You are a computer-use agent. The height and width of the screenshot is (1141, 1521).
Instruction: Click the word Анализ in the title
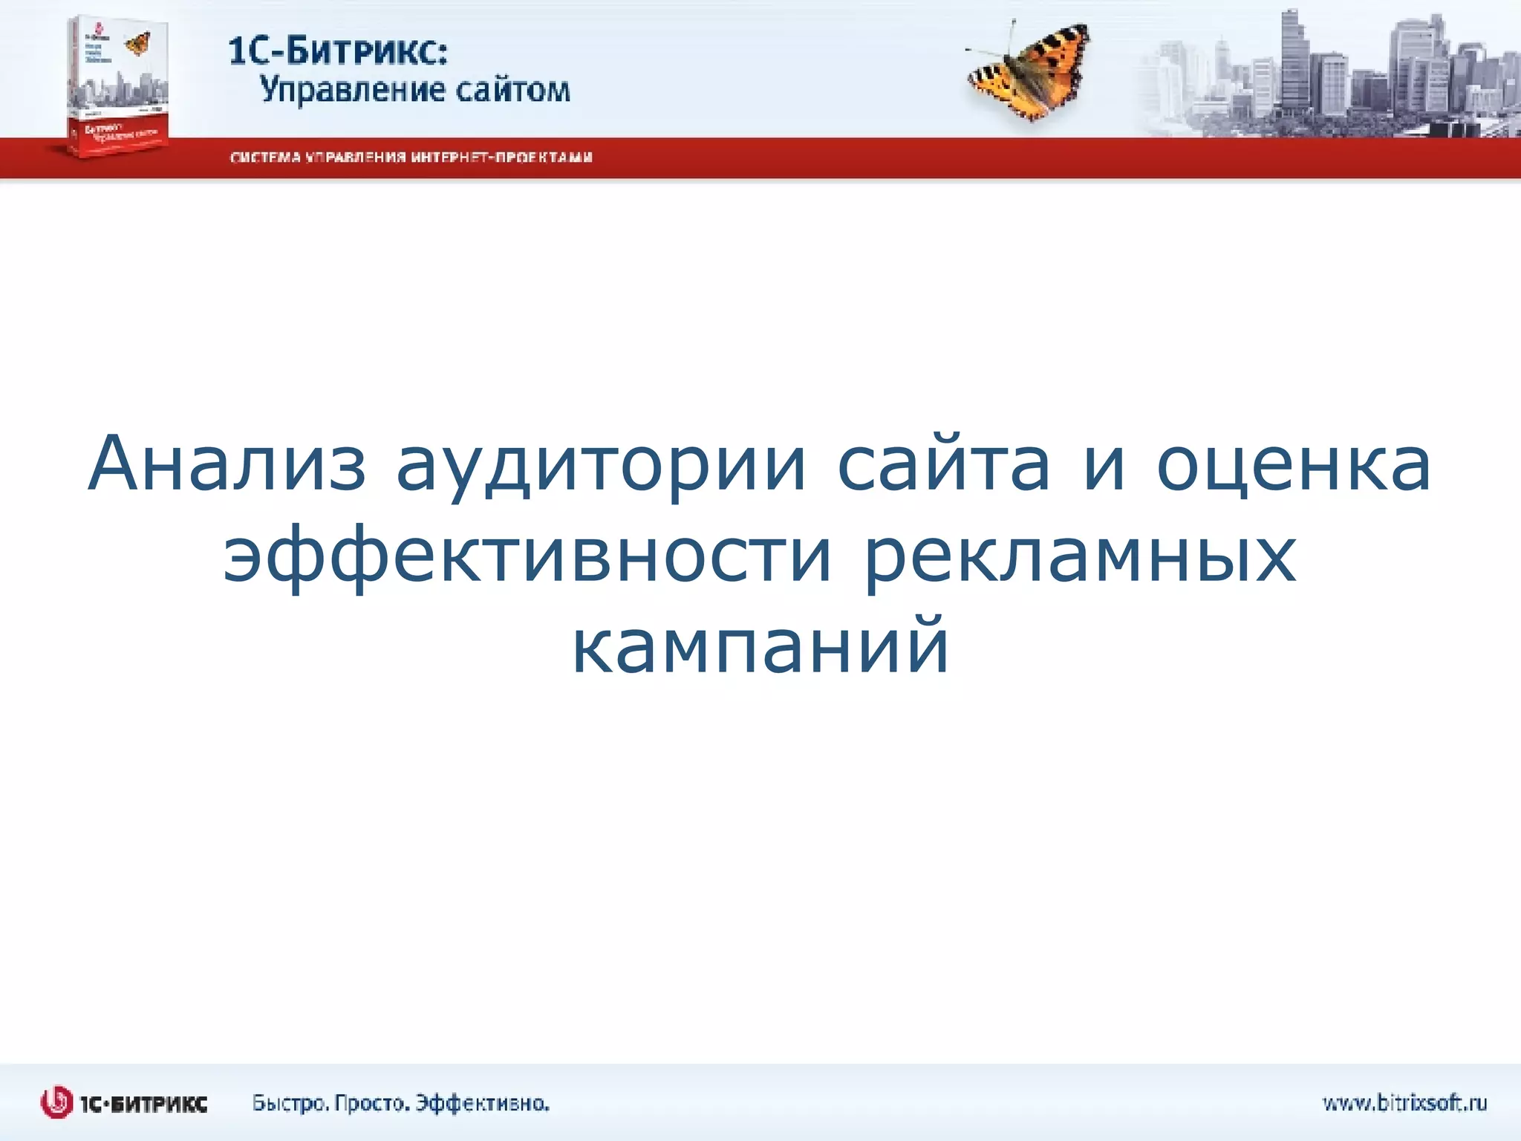227,464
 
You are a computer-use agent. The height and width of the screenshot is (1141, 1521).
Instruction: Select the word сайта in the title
943,464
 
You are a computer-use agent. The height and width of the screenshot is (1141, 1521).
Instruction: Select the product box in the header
117,85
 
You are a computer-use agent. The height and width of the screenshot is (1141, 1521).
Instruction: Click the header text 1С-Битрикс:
338,52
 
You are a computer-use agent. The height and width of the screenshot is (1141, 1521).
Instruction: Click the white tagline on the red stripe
411,157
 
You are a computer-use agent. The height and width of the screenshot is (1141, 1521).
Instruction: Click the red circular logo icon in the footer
57,1102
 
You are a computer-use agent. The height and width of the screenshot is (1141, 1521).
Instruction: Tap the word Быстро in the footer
290,1103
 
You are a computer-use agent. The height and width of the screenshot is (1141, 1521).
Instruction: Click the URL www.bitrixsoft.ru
1404,1103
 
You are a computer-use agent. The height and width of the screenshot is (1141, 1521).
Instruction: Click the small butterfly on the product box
138,43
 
